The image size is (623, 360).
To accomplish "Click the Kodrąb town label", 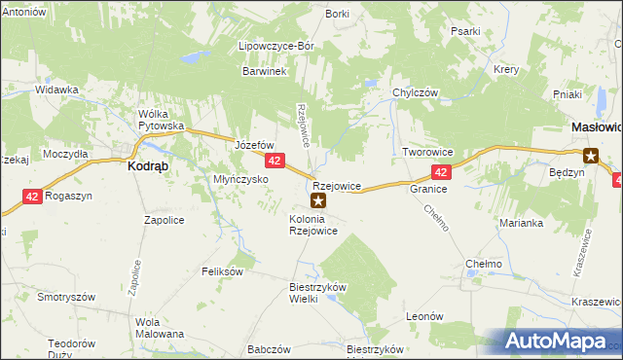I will [x=149, y=165].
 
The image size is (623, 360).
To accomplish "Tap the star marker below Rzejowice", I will [x=317, y=201].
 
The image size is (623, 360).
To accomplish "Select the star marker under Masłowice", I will [x=590, y=155].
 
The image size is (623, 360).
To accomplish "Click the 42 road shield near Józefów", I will [x=275, y=161].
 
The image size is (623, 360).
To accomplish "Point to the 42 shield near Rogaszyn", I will [x=33, y=196].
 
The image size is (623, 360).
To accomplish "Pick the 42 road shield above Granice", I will [x=441, y=172].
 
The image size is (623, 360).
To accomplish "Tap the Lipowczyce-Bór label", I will [x=272, y=45].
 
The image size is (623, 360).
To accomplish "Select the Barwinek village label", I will [x=263, y=71].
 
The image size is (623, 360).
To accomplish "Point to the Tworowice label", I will [x=429, y=153].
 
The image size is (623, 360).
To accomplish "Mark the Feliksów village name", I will [x=222, y=271].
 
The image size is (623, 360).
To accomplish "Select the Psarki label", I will [x=465, y=31].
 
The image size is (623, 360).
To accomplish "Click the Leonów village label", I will [x=424, y=316].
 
